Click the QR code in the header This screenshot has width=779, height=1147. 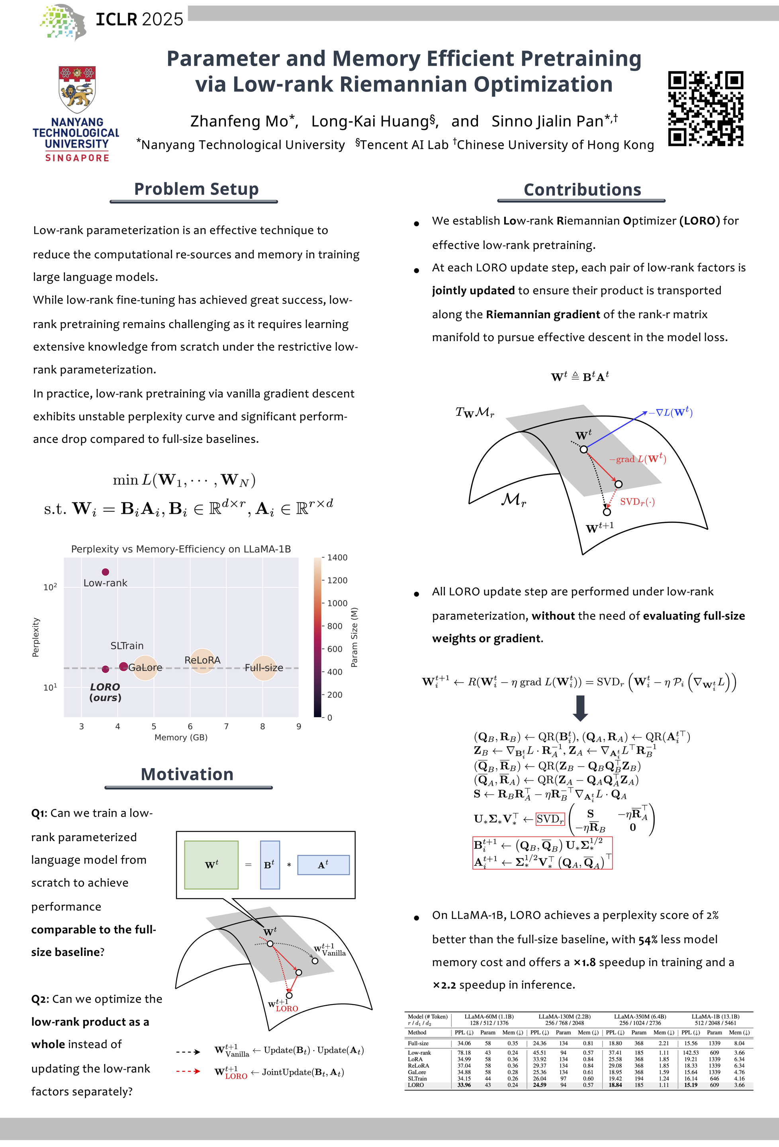click(705, 109)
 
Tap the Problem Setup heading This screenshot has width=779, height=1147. click(196, 189)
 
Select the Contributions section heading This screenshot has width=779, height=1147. click(582, 190)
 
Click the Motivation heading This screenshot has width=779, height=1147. click(187, 774)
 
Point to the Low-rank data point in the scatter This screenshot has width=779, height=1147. click(105, 572)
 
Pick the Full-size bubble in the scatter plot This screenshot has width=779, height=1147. click(264, 668)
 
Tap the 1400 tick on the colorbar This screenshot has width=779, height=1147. click(337, 558)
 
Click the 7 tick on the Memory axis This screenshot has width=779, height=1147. click(226, 726)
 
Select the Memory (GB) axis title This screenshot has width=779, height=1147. click(181, 737)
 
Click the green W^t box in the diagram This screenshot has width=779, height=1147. click(211, 865)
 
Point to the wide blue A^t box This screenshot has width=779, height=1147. click(323, 865)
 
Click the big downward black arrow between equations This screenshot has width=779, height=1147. click(581, 708)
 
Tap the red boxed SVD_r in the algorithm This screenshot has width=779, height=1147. click(550, 819)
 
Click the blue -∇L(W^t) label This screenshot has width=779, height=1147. click(670, 412)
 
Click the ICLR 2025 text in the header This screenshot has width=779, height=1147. click(139, 19)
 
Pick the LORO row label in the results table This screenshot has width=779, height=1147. click(416, 1085)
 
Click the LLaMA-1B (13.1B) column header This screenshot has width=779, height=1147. click(715, 1016)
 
